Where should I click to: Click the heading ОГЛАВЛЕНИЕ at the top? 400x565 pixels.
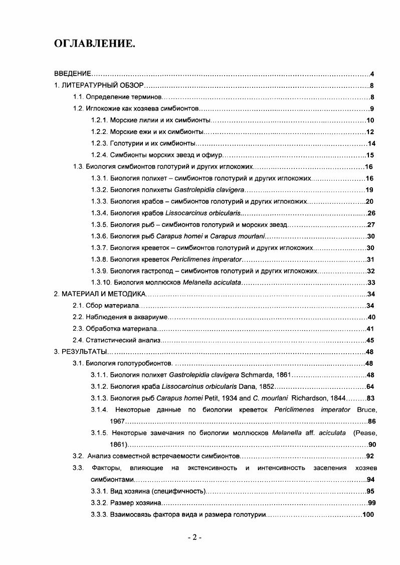(x=94, y=44)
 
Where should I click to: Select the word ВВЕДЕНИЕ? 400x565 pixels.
(x=72, y=74)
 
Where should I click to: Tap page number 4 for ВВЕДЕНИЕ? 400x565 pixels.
(x=371, y=74)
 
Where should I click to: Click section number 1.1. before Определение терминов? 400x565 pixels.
(x=78, y=97)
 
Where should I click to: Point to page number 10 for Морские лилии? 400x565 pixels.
(x=370, y=120)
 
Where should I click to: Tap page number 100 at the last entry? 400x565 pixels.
(x=368, y=514)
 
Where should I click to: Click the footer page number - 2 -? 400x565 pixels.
(x=194, y=537)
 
